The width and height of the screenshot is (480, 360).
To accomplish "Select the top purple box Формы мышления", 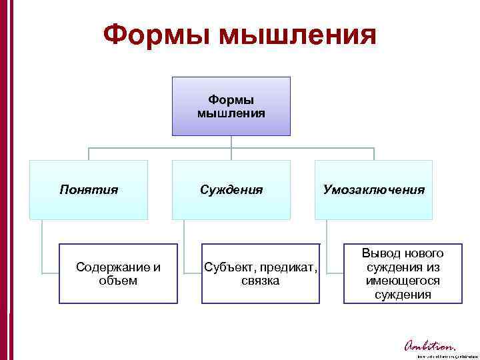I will [x=231, y=106].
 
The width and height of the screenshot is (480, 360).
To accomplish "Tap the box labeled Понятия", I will [x=88, y=190].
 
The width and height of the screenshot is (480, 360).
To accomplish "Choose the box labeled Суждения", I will [x=231, y=190].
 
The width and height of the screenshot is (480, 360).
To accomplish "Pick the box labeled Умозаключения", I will [x=373, y=190].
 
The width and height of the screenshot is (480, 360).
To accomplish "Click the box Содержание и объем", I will [x=118, y=274].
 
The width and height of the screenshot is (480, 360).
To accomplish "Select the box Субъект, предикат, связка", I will [x=261, y=274].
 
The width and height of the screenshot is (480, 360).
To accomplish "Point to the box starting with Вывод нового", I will [x=403, y=274].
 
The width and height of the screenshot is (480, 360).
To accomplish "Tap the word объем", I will [x=118, y=281].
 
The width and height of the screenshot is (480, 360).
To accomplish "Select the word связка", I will [x=261, y=281].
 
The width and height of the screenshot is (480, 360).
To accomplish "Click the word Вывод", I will [x=378, y=254].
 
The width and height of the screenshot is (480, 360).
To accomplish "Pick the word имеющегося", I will [x=403, y=281].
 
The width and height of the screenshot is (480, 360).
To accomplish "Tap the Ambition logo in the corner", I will [x=429, y=346].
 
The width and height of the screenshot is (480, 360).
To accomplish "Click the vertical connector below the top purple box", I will [x=231, y=142].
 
